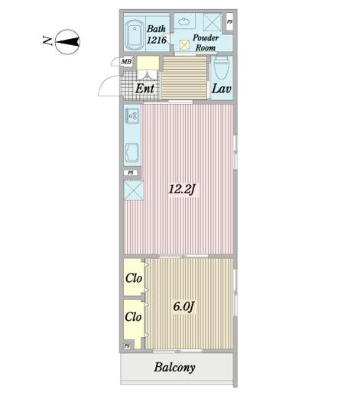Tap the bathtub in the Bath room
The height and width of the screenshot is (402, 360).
(x=134, y=34)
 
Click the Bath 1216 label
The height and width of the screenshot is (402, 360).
(x=157, y=34)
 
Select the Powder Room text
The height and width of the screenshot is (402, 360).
(x=206, y=43)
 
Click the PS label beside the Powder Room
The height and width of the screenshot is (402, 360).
(x=230, y=22)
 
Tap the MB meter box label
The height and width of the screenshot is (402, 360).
(x=126, y=62)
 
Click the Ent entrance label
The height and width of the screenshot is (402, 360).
(x=145, y=89)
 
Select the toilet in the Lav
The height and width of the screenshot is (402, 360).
(x=221, y=68)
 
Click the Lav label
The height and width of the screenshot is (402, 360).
(x=222, y=89)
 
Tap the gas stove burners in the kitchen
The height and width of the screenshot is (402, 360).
(x=132, y=115)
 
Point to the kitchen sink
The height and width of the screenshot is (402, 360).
(x=132, y=153)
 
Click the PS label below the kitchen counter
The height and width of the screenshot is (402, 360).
(x=131, y=173)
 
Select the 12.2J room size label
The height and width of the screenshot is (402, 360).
(x=182, y=190)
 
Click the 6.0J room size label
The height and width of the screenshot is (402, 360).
(x=183, y=306)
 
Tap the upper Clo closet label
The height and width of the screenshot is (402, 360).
(x=133, y=278)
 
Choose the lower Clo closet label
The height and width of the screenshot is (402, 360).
(x=133, y=316)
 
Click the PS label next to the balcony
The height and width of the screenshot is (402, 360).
(x=127, y=346)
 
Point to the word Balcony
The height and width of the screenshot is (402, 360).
(x=174, y=368)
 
